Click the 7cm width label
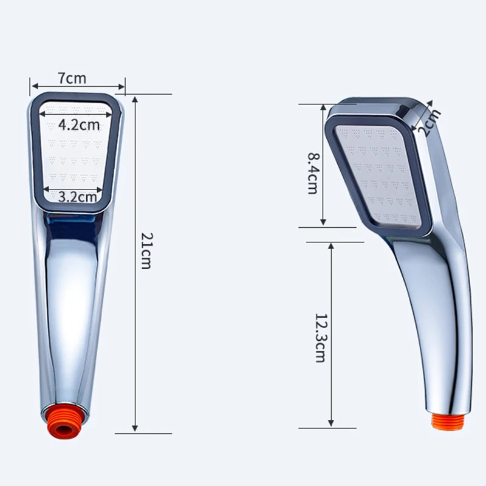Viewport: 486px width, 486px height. pyautogui.click(x=72, y=78)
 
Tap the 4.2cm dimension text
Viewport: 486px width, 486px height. pyautogui.click(x=79, y=125)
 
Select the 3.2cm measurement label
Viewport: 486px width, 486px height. pyautogui.click(x=78, y=197)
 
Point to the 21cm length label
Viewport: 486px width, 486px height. pyautogui.click(x=146, y=251)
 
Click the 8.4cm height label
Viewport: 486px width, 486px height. pyautogui.click(x=312, y=173)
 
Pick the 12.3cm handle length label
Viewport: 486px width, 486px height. pyautogui.click(x=320, y=338)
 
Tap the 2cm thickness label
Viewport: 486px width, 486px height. pyautogui.click(x=429, y=123)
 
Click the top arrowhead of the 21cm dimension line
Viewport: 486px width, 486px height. pyautogui.click(x=135, y=100)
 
